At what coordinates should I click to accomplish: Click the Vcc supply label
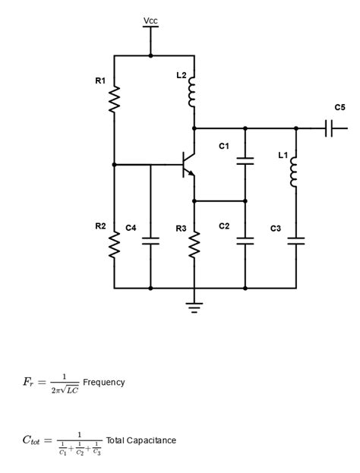(150, 20)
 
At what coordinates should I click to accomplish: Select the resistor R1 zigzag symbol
(115, 99)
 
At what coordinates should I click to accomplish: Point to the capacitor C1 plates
(245, 161)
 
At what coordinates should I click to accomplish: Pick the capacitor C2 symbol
(245, 241)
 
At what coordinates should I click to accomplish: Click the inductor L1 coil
(296, 172)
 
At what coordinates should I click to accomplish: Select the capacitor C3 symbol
(296, 241)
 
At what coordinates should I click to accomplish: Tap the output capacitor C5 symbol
(329, 129)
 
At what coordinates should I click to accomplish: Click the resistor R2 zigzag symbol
(115, 245)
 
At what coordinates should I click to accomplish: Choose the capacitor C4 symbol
(150, 241)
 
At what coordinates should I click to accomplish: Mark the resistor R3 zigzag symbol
(194, 244)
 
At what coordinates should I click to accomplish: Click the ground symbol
(194, 307)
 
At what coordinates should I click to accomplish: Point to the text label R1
(100, 80)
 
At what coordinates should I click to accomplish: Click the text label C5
(339, 107)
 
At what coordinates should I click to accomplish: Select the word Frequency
(104, 382)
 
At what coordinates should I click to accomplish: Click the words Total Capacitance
(141, 440)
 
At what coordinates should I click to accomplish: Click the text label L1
(283, 155)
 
